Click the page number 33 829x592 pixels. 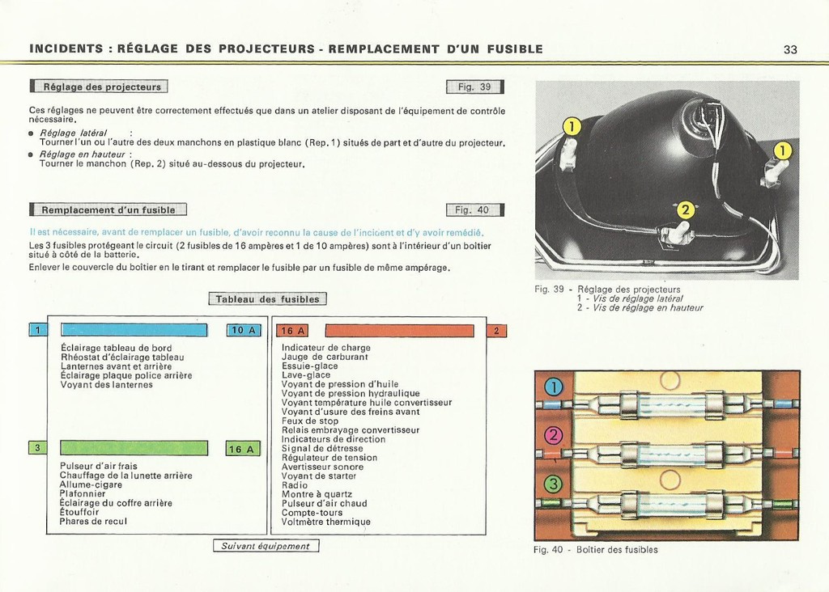790,49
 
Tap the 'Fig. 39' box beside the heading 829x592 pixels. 474,87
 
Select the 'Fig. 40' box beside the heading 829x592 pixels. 474,209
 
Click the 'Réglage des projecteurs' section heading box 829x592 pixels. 99,86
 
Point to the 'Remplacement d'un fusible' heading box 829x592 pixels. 108,209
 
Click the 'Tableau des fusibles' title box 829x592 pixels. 267,299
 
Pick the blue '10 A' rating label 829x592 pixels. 244,330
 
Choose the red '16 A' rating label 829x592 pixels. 292,331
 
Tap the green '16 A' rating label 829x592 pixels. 243,449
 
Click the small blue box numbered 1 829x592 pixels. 38,330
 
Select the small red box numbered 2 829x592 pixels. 496,331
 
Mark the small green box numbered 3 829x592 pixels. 37,448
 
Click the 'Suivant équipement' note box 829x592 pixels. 266,546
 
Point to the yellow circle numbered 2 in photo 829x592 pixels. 685,210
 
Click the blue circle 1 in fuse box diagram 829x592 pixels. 554,387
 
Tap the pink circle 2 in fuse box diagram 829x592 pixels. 554,436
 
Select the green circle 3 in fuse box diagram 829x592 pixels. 554,484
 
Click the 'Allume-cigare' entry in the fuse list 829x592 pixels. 91,484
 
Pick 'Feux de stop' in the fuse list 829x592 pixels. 310,421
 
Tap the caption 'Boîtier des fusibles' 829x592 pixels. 617,550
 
